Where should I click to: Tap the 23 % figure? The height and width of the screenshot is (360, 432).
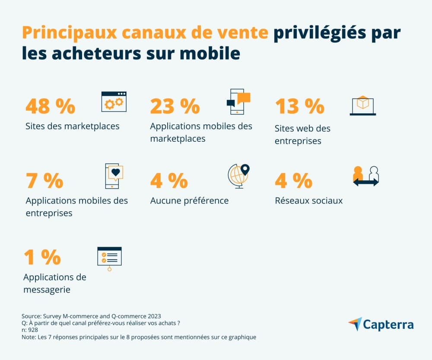[175, 106]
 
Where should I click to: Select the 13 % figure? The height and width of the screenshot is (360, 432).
[299, 106]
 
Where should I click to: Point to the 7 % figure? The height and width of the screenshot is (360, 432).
[44, 181]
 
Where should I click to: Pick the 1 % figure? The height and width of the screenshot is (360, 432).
[42, 257]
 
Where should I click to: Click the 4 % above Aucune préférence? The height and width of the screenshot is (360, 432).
[169, 181]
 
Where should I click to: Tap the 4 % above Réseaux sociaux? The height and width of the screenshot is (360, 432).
[294, 181]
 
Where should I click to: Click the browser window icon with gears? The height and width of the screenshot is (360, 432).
[114, 102]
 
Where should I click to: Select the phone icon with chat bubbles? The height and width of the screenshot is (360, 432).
[238, 102]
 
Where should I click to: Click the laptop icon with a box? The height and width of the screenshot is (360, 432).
[362, 105]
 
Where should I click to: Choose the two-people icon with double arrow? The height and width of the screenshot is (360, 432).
[365, 176]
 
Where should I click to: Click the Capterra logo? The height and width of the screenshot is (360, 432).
[381, 324]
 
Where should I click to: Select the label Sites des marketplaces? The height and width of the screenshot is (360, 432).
[73, 127]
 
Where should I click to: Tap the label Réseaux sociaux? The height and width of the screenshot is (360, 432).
[308, 201]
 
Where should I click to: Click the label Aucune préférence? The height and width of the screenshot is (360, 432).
[189, 201]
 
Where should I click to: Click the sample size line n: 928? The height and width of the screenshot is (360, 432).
[31, 330]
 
